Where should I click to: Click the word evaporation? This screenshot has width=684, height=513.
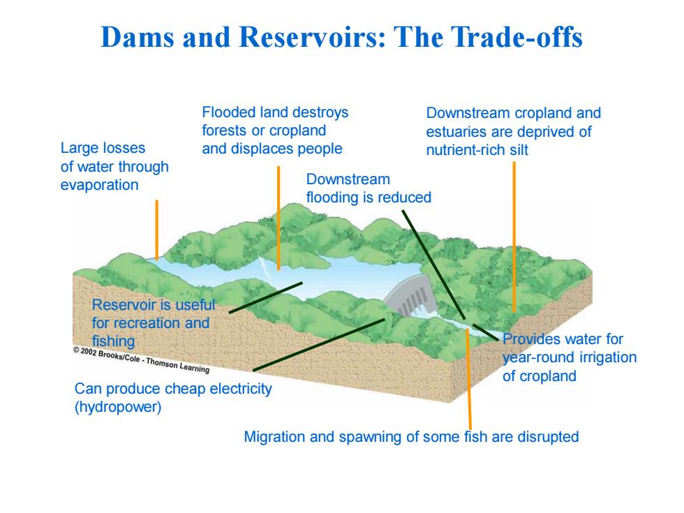(99, 186)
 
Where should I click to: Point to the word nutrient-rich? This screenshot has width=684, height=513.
(464, 150)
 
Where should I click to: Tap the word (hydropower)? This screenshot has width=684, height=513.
(118, 407)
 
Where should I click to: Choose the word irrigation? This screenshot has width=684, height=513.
(606, 357)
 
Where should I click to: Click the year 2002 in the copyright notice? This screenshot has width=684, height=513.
(88, 352)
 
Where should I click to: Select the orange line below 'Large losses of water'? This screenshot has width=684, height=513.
(156, 230)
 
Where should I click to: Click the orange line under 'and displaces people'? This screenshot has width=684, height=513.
(278, 218)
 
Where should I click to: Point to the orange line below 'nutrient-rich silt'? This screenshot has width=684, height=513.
(514, 237)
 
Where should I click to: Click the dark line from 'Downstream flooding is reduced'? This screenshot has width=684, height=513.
(433, 265)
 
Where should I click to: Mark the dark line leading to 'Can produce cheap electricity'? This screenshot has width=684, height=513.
(319, 345)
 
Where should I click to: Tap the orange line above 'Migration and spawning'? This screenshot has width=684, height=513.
(468, 379)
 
